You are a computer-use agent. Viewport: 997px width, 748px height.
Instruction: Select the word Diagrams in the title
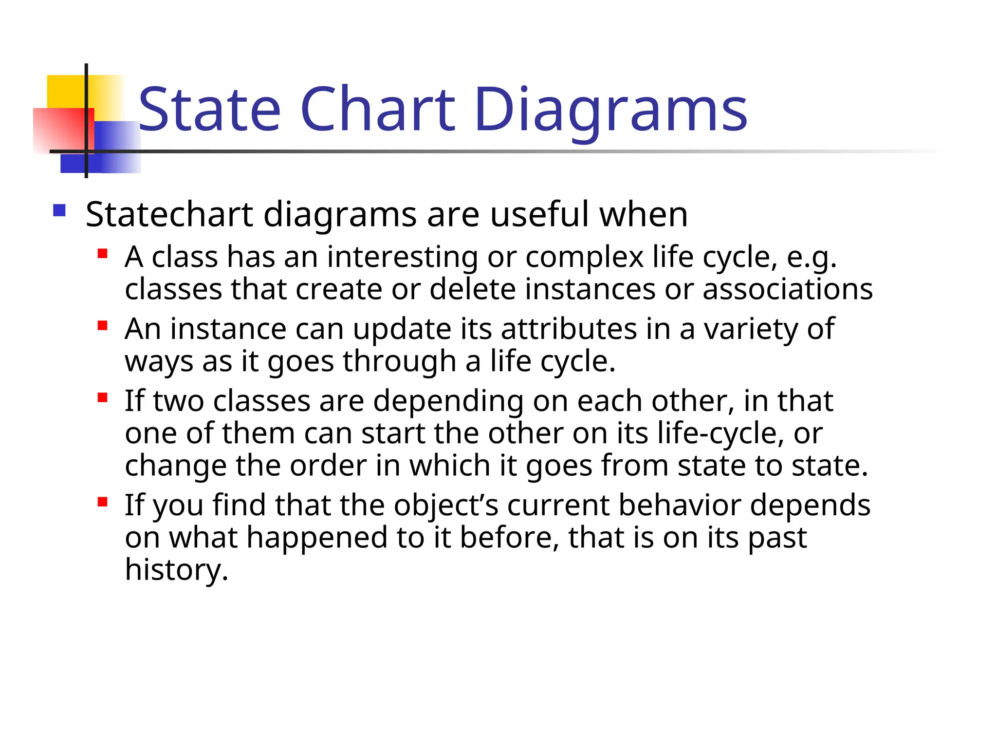pos(610,111)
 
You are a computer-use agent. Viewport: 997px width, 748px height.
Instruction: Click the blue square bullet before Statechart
pos(59,210)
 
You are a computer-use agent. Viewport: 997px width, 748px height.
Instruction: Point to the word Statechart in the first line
pos(169,214)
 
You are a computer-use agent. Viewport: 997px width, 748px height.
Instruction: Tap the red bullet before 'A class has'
pos(102,253)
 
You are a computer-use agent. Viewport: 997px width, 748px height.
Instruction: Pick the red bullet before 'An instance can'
pos(102,325)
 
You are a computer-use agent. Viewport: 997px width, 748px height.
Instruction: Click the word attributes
pos(569,329)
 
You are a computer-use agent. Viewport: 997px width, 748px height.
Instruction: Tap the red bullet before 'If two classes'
pos(102,397)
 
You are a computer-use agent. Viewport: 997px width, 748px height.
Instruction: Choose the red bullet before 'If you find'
pos(102,502)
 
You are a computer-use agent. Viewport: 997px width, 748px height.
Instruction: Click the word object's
pos(446,505)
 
